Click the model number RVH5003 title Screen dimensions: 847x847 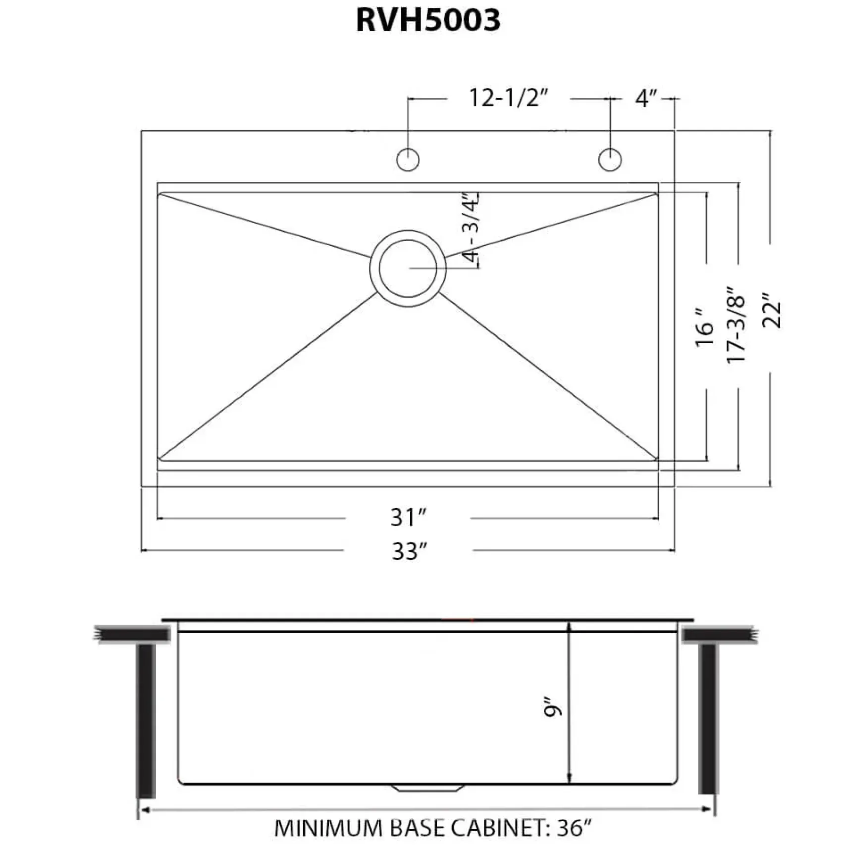pyautogui.click(x=428, y=21)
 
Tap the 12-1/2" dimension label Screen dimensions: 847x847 pyautogui.click(x=508, y=98)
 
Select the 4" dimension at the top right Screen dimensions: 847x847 pyautogui.click(x=646, y=98)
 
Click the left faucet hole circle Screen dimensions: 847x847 pyautogui.click(x=408, y=159)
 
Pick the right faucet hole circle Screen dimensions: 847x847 pyautogui.click(x=610, y=159)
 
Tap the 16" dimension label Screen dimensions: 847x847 pyautogui.click(x=704, y=327)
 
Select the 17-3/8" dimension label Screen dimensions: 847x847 pyautogui.click(x=736, y=325)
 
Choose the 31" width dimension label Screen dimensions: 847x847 pyautogui.click(x=408, y=518)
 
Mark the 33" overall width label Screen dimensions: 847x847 pyautogui.click(x=409, y=551)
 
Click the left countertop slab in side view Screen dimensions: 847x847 pyautogui.click(x=132, y=635)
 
